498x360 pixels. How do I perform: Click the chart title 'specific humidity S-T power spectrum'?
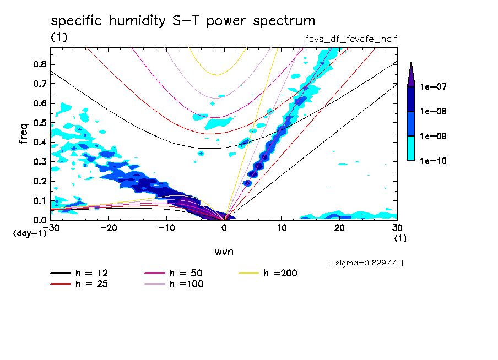click(183, 21)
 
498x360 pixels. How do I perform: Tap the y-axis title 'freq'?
click(24, 133)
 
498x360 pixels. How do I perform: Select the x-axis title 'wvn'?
click(223, 252)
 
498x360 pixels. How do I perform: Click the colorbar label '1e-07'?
click(432, 87)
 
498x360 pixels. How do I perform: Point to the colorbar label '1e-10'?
click(432, 161)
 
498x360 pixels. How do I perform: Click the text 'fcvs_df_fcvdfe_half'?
click(351, 39)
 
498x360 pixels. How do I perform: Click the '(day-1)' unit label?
click(30, 233)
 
